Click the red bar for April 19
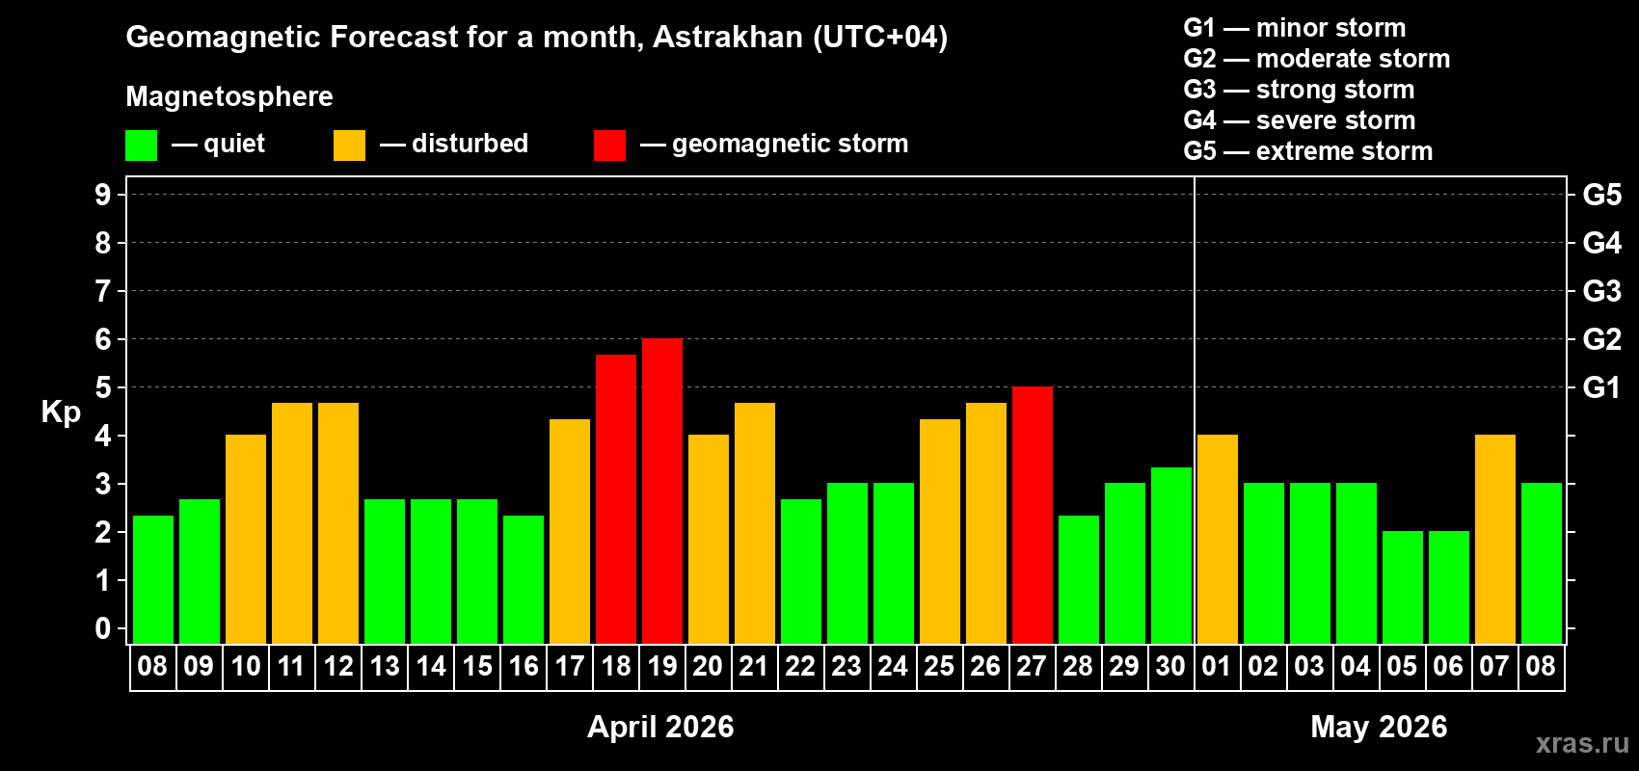click(x=662, y=492)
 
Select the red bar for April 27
click(x=1033, y=516)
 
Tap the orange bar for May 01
click(x=1218, y=540)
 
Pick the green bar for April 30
click(x=1171, y=556)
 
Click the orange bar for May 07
click(x=1495, y=540)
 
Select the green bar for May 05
click(x=1403, y=588)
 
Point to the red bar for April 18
click(x=616, y=499)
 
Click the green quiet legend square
click(x=142, y=146)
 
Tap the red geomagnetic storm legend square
click(x=609, y=146)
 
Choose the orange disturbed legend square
click(x=349, y=146)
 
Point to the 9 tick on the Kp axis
click(x=103, y=195)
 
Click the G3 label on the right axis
click(x=1601, y=291)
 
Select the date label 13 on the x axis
click(x=385, y=666)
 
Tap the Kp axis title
click(x=61, y=412)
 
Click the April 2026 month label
click(x=660, y=727)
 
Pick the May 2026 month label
click(x=1379, y=727)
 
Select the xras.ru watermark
click(x=1582, y=743)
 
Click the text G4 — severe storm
click(x=1299, y=120)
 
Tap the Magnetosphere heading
click(x=229, y=96)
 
